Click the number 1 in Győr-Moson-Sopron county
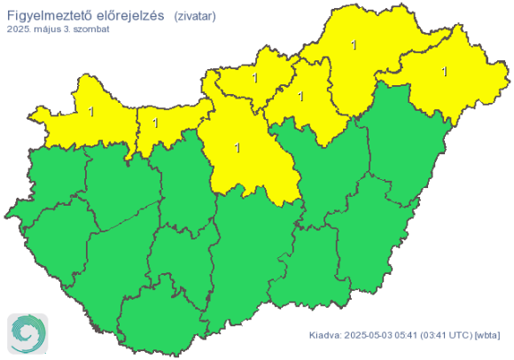click(x=91, y=112)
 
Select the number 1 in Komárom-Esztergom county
click(x=157, y=121)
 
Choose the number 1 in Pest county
click(x=237, y=147)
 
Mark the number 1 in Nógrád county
click(x=254, y=79)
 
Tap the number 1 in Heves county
click(x=301, y=96)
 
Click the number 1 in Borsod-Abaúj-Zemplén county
click(x=354, y=44)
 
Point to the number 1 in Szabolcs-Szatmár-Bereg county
click(x=444, y=70)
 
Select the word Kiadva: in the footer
click(x=325, y=336)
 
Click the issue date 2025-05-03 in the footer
click(x=369, y=336)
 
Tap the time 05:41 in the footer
click(x=407, y=336)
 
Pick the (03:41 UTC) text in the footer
click(x=447, y=336)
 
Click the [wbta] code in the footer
click(x=488, y=336)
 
